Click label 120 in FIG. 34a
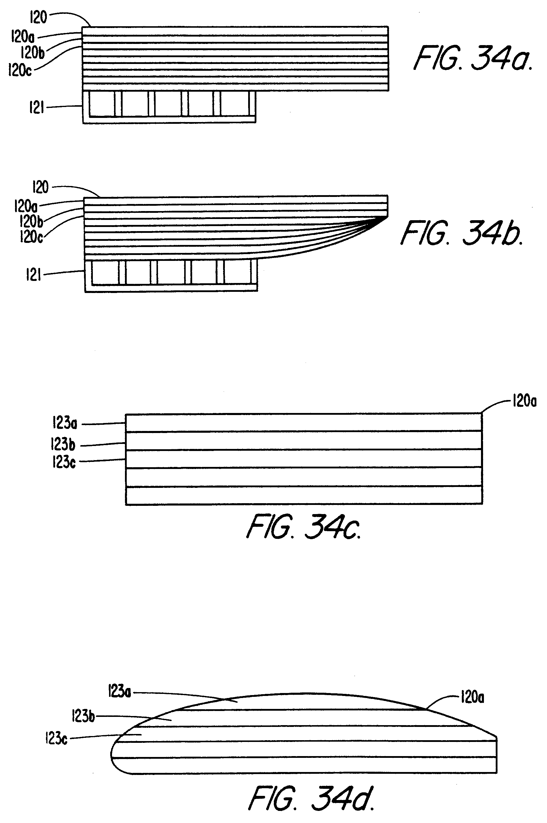[x=38, y=17]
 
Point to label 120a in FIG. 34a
[x=23, y=37]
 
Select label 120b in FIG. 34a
[x=32, y=53]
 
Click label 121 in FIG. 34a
[x=36, y=108]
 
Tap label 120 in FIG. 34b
[x=40, y=187]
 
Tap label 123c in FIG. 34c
[x=64, y=462]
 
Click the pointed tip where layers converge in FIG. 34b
[x=387, y=217]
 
